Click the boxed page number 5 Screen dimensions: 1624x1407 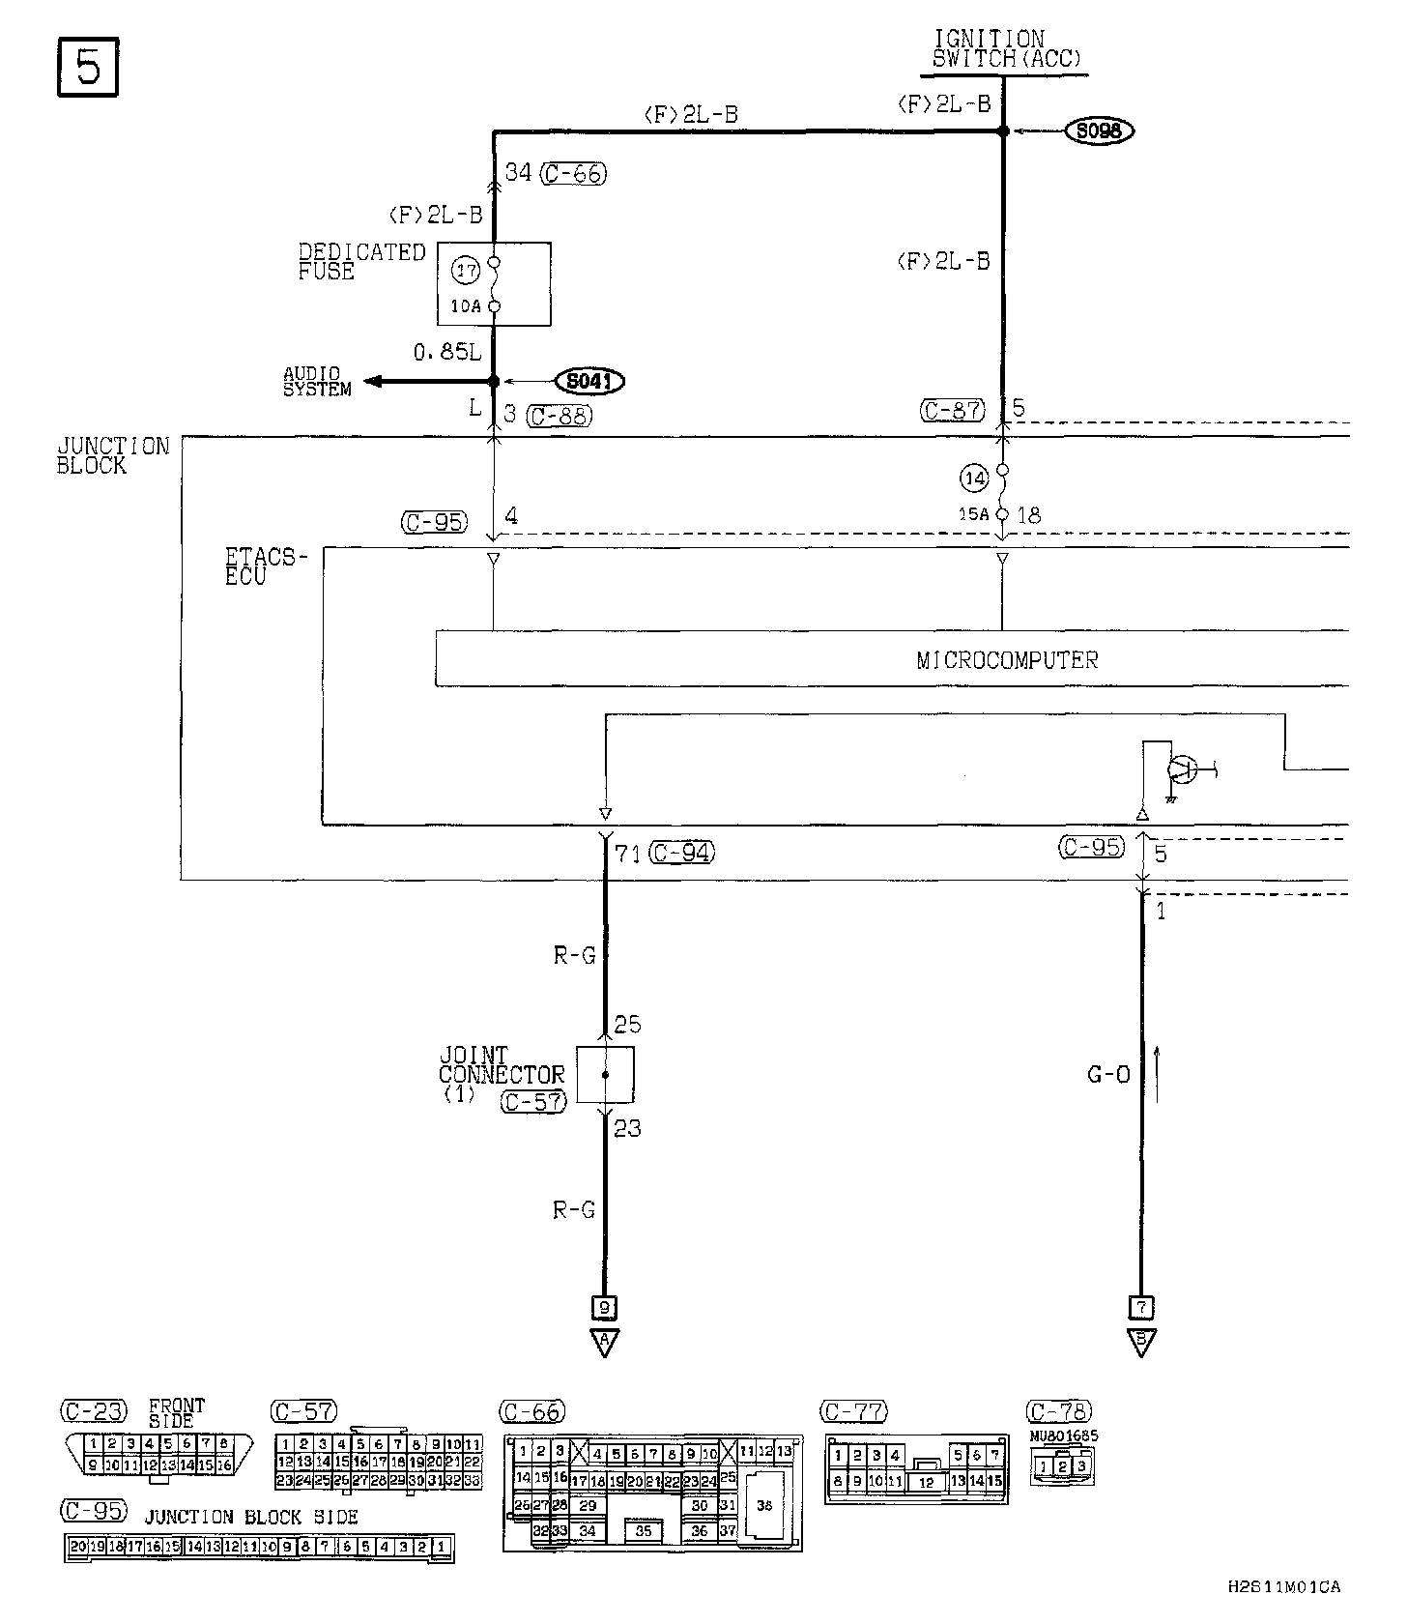88,68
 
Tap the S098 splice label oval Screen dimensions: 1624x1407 1099,130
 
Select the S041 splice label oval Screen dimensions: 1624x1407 589,382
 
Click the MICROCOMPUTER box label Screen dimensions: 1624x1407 1007,659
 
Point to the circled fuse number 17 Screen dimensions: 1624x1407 467,271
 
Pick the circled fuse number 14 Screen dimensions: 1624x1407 973,477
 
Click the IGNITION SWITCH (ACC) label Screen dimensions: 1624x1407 1005,49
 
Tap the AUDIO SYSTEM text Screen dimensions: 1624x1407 317,382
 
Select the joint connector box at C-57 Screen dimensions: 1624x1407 605,1074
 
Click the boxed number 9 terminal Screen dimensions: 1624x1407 605,1308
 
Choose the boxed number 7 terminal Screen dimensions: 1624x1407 1141,1308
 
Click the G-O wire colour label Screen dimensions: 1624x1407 1108,1074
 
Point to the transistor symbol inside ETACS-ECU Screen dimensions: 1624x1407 1181,769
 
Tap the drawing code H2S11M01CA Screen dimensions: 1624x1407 1283,1587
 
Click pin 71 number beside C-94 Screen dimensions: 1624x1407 629,853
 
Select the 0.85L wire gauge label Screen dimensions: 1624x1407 446,353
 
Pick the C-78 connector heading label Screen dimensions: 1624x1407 1059,1411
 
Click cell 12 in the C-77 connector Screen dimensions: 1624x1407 927,1482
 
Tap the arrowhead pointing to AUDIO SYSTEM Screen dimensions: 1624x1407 373,382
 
